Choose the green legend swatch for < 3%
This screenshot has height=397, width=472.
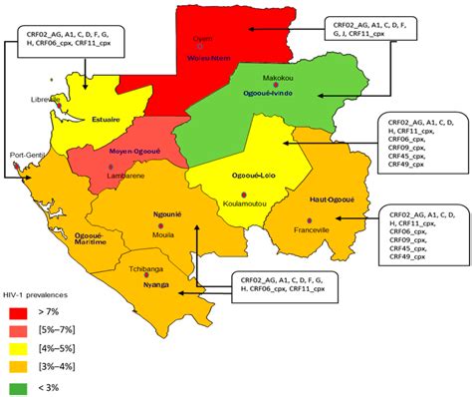[x=24, y=386]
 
